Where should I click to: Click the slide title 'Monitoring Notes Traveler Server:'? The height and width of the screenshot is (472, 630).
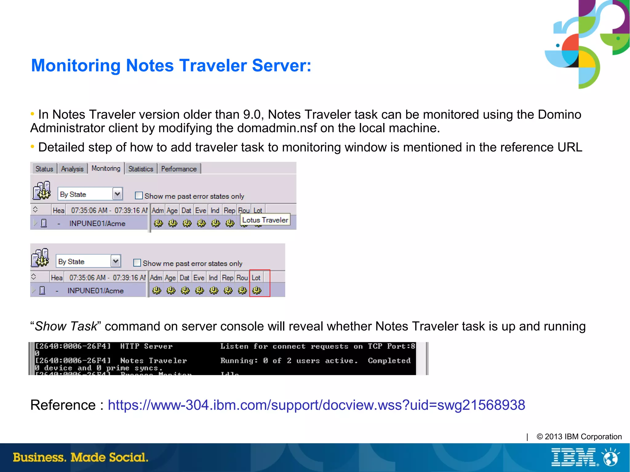(x=171, y=65)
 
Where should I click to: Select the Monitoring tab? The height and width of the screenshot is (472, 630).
(x=106, y=169)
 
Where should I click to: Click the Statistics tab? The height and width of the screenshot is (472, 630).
(x=141, y=169)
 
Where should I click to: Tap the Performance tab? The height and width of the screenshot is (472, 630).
(x=179, y=169)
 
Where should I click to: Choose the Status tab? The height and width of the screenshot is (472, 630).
(x=44, y=169)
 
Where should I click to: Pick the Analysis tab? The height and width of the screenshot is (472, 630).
(x=72, y=169)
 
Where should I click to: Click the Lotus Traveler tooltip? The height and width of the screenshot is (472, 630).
(x=265, y=220)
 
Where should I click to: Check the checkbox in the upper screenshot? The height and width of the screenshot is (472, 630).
(x=139, y=196)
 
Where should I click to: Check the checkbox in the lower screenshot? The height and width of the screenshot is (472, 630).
(x=137, y=263)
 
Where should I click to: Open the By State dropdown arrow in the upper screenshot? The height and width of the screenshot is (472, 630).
(x=117, y=194)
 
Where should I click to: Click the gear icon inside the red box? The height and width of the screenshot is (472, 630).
(x=257, y=290)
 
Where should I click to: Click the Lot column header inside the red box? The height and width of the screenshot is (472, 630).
(x=256, y=278)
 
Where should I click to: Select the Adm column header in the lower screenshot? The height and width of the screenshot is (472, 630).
(x=156, y=278)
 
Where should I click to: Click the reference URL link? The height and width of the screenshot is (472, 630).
(x=316, y=405)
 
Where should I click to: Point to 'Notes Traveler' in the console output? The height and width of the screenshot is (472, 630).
(x=153, y=361)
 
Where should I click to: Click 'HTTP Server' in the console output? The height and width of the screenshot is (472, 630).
(x=146, y=346)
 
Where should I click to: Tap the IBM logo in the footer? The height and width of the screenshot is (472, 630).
(x=574, y=457)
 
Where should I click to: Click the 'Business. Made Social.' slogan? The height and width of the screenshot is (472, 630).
(x=81, y=457)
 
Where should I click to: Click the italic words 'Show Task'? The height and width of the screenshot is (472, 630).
(x=66, y=326)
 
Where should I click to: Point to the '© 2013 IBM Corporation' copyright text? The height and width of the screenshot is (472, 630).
(x=579, y=437)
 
